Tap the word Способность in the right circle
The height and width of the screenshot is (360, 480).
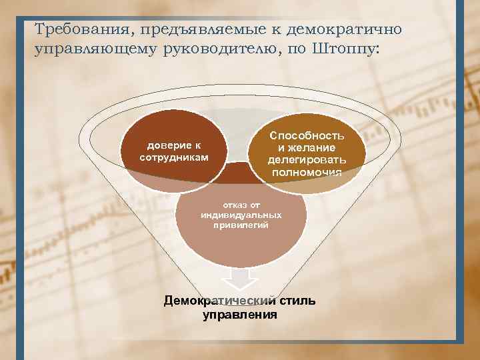click(307, 135)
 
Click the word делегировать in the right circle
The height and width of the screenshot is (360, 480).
click(307, 160)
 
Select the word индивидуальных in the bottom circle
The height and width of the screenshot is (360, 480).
click(241, 215)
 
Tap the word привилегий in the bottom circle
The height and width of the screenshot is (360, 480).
click(241, 226)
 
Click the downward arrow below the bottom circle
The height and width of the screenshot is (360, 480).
click(241, 277)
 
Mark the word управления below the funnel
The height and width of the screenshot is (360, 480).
click(240, 314)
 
